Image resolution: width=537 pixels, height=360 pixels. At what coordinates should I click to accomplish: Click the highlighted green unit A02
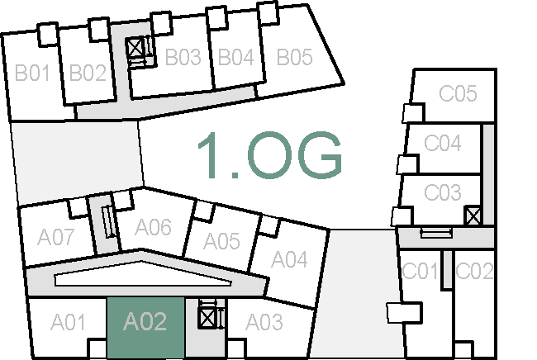point(145,322)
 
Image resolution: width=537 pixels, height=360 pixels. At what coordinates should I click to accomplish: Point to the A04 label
point(290,261)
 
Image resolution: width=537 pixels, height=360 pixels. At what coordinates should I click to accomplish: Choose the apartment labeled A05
point(221,241)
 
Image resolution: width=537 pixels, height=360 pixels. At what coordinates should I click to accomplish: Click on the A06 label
point(153,226)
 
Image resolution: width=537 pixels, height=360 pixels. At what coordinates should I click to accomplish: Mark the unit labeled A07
point(56,238)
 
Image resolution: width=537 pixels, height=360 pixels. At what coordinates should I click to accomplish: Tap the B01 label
point(33,73)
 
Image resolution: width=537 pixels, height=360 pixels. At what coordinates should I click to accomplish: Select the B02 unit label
point(88,73)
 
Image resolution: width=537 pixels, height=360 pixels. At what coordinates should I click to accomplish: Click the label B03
point(183,58)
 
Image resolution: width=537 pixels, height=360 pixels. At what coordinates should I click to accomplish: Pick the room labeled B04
point(235,58)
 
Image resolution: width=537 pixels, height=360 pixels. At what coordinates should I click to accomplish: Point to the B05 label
point(294,58)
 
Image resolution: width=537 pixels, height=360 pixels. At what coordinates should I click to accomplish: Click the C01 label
point(420,271)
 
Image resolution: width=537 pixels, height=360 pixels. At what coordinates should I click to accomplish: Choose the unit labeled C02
point(475,271)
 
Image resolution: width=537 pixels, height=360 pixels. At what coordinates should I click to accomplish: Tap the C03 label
point(443,193)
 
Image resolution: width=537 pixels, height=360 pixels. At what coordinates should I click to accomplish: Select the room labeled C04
point(443,144)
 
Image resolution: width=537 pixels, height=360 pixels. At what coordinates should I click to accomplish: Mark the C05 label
point(458,94)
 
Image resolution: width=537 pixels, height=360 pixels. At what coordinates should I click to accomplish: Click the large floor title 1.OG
point(269,155)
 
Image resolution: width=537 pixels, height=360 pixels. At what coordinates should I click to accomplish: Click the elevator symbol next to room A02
point(207,317)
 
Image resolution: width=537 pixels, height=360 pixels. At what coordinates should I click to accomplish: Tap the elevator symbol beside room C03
point(473,216)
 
